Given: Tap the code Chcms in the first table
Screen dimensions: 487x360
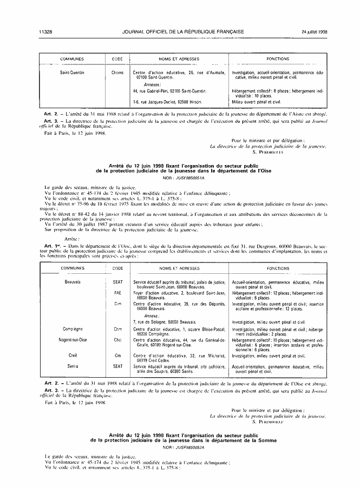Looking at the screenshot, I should [x=117, y=72].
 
